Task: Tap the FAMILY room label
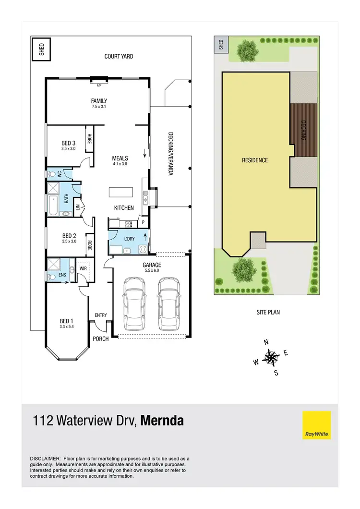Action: coord(99,101)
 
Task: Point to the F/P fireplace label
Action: coord(99,85)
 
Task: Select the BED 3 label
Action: coord(69,143)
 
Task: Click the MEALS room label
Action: coord(120,158)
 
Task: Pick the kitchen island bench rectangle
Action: coord(120,192)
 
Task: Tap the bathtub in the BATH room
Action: coord(52,206)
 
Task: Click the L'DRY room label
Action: coord(129,239)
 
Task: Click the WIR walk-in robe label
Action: coord(82,269)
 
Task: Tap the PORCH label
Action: coord(101,339)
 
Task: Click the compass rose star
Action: coord(272,357)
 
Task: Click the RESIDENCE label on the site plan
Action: coord(254,160)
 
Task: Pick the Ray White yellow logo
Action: coord(317,425)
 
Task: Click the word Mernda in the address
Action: coord(162,421)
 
